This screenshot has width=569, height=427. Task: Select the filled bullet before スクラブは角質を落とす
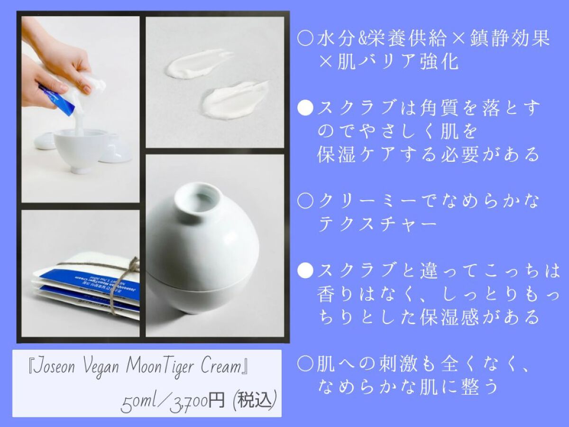pos(305,108)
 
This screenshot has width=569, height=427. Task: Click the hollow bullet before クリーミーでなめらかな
pos(305,202)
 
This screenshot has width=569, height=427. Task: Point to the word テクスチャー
pos(377,224)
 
